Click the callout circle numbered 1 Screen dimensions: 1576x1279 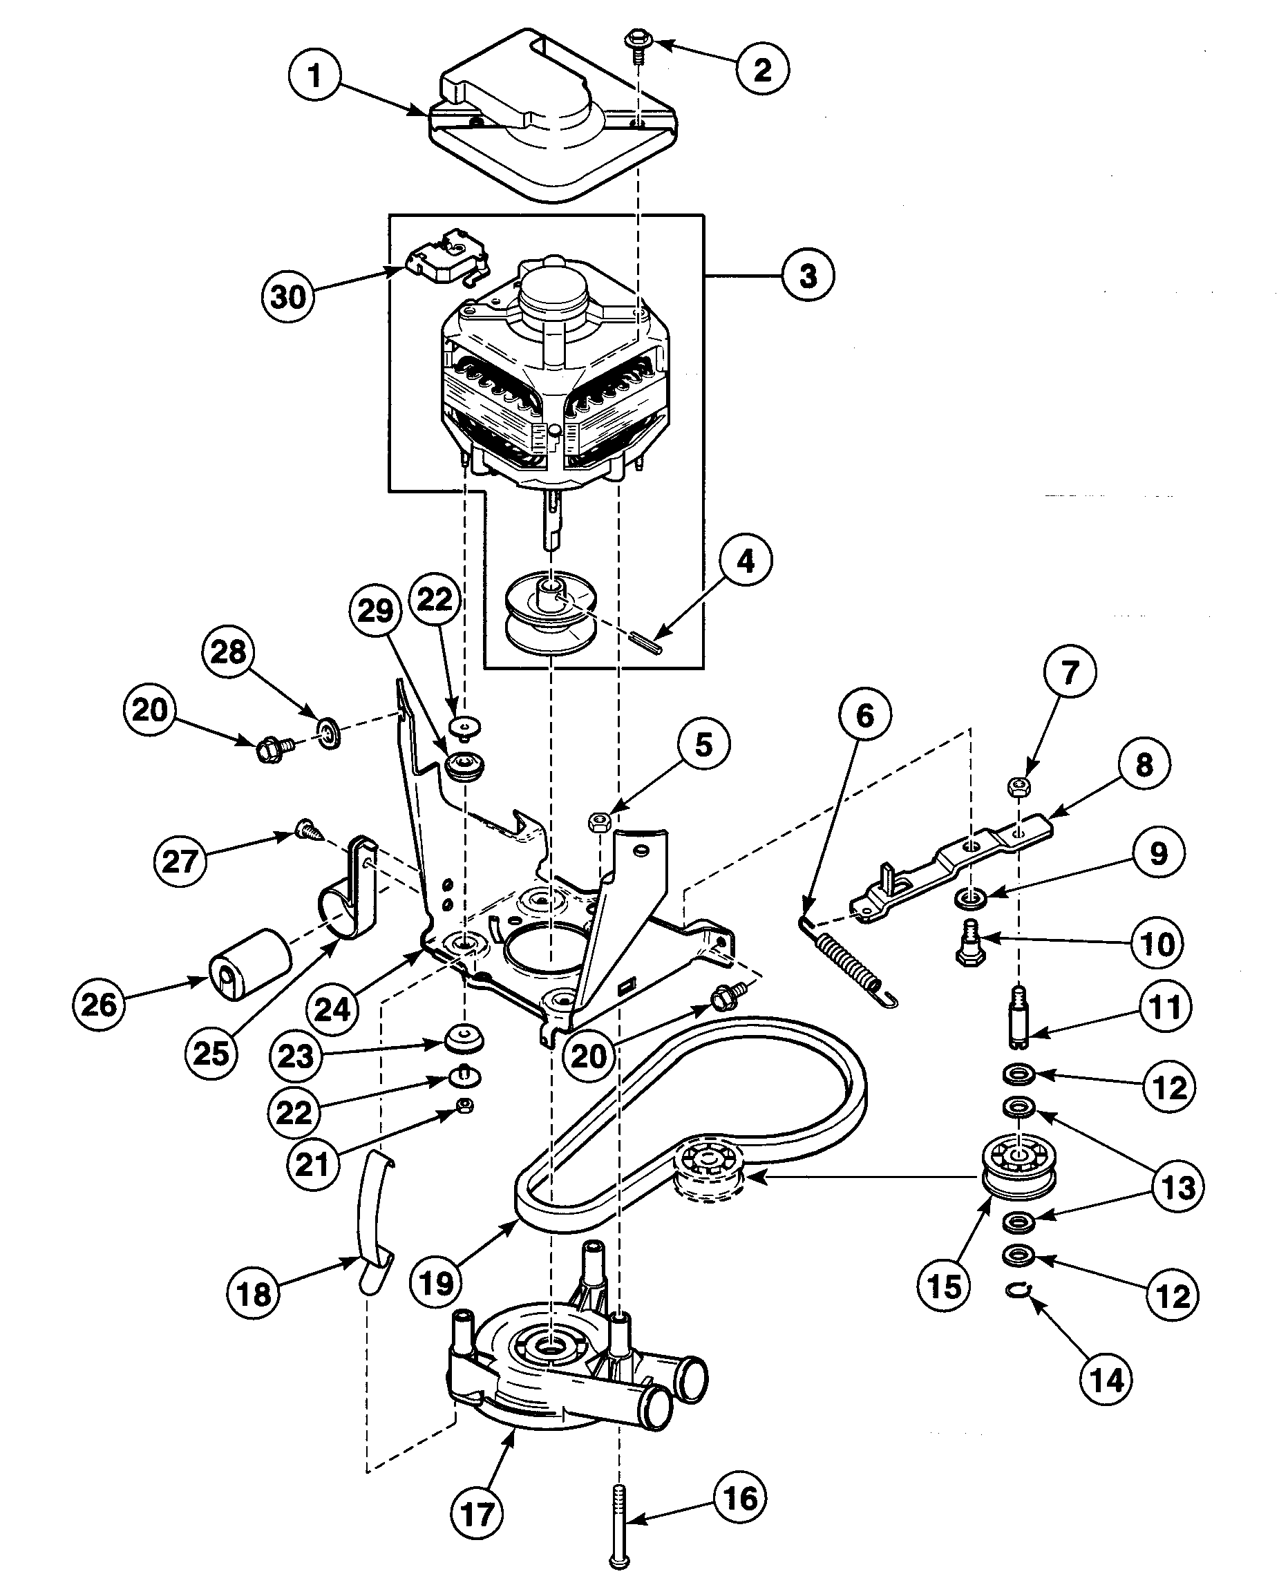pos(314,75)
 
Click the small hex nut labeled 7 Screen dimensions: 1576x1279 pos(1019,787)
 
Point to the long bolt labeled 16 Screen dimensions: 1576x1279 pos(620,1521)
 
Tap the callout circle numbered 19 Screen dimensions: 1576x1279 pos(435,1283)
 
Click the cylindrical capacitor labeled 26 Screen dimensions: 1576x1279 pos(251,965)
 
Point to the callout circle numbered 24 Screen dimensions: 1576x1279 pos(332,1009)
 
